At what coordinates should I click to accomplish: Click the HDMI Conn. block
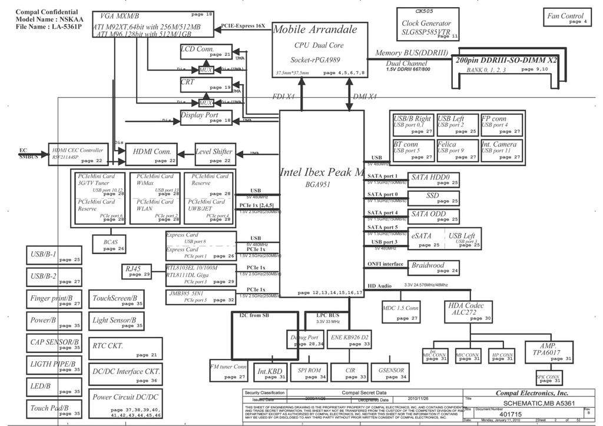click(151, 155)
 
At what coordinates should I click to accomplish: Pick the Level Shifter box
click(216, 155)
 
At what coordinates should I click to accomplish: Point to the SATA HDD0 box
click(434, 179)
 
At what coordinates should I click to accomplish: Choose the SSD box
click(434, 198)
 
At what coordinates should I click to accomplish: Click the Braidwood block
click(434, 268)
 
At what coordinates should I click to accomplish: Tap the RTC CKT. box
click(125, 348)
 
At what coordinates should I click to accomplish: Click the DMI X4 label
click(364, 96)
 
